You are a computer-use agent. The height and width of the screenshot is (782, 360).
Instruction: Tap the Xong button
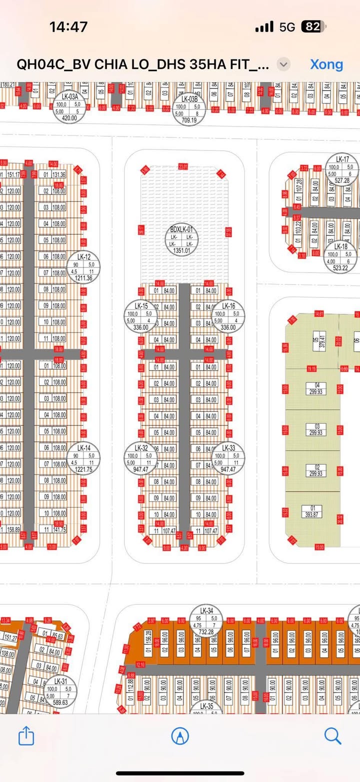click(326, 64)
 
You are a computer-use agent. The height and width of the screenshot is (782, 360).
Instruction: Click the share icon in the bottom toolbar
click(26, 735)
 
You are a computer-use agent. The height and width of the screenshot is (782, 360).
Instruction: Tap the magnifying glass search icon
click(332, 735)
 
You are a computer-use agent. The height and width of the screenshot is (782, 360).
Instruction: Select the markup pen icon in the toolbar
click(180, 735)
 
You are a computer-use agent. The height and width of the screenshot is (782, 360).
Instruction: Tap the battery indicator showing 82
click(312, 27)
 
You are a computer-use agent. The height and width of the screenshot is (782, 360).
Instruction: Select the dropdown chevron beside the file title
click(283, 64)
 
